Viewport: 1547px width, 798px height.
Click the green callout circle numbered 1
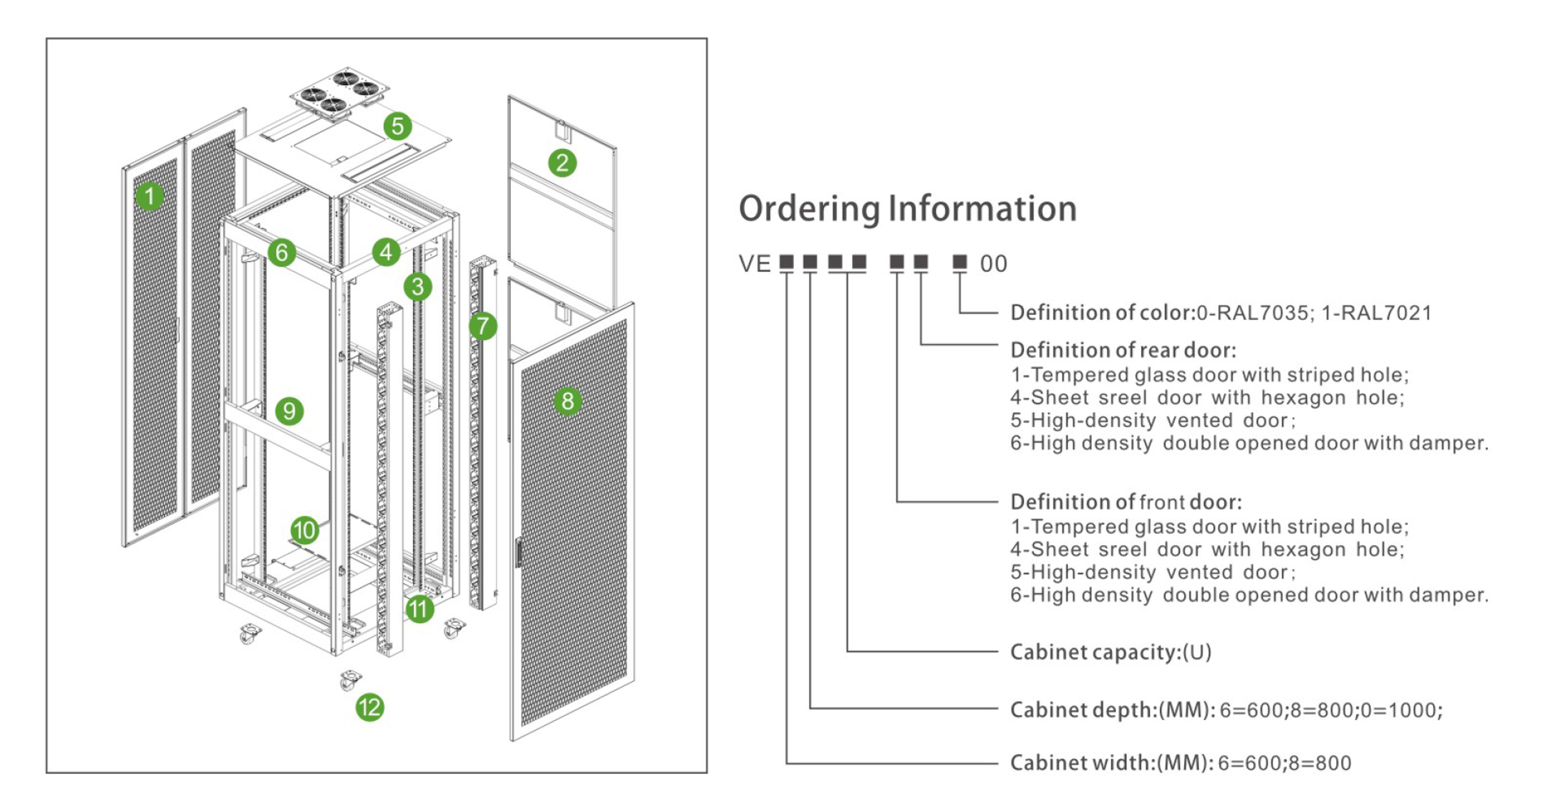tap(149, 196)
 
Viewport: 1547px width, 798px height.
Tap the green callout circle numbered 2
tap(562, 163)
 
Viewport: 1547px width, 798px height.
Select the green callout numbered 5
tap(397, 126)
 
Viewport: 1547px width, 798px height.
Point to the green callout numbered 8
tap(568, 401)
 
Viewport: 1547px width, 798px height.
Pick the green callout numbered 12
tap(370, 708)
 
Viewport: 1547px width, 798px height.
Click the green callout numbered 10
tap(304, 530)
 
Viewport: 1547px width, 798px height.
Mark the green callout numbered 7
tap(483, 326)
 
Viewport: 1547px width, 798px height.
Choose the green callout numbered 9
tap(289, 411)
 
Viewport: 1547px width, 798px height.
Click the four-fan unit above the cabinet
tap(340, 94)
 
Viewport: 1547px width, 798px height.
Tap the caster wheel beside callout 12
tap(349, 680)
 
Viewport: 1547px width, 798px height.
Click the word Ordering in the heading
tap(810, 209)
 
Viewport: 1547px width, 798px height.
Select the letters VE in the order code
tap(755, 264)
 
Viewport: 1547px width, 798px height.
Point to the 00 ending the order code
tap(993, 264)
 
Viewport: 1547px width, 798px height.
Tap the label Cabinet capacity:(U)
tap(1111, 652)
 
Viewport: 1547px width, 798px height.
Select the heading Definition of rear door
tap(1123, 350)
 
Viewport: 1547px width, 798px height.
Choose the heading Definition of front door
tap(1126, 502)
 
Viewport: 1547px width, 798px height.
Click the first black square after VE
tap(786, 263)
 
